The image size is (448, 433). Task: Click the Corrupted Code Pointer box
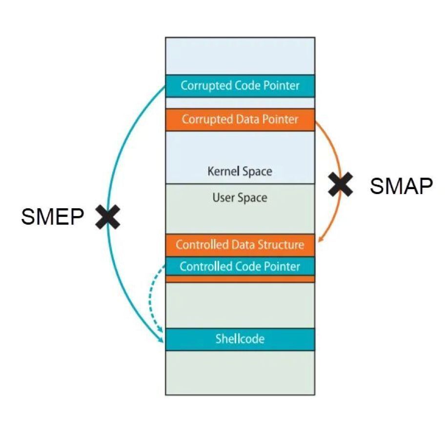pyautogui.click(x=240, y=86)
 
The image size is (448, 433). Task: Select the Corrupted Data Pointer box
pyautogui.click(x=240, y=119)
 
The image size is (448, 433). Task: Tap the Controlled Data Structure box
pyautogui.click(x=240, y=245)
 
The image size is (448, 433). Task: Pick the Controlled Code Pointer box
pyautogui.click(x=240, y=266)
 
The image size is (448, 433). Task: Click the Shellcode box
pyautogui.click(x=240, y=339)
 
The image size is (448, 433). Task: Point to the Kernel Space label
pyautogui.click(x=240, y=172)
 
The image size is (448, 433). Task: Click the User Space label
pyautogui.click(x=240, y=198)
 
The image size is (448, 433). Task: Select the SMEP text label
pyautogui.click(x=52, y=216)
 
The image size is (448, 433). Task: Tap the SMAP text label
pyautogui.click(x=401, y=186)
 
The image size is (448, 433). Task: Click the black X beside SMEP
pyautogui.click(x=107, y=216)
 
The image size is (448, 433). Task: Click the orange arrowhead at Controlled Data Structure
pyautogui.click(x=320, y=240)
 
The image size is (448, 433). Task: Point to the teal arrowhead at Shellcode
pyautogui.click(x=161, y=341)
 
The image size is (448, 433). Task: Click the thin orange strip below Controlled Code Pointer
pyautogui.click(x=240, y=279)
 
